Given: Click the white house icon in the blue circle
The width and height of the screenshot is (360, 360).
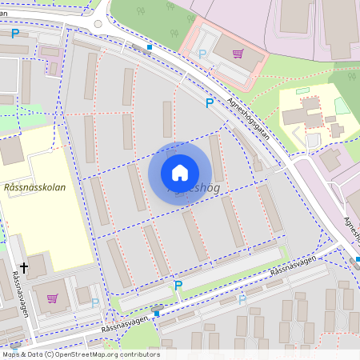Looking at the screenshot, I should [x=180, y=173].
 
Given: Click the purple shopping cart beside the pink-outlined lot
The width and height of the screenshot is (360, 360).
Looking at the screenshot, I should [x=238, y=54].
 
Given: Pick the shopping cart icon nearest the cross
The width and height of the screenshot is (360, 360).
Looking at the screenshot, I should [x=53, y=298].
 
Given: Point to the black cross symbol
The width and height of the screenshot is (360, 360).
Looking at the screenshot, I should [x=24, y=268].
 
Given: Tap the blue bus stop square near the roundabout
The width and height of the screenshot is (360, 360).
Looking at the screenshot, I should [x=149, y=47].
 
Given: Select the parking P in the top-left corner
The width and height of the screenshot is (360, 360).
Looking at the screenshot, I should [x=15, y=34].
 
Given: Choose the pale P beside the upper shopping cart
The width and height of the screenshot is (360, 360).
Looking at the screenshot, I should [x=202, y=54].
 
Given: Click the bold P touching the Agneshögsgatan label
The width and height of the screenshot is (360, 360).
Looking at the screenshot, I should [x=210, y=103].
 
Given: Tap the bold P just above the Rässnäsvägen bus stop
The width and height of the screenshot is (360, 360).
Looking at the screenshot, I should [x=178, y=286].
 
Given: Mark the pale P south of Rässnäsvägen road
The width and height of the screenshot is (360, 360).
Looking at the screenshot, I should [x=242, y=298].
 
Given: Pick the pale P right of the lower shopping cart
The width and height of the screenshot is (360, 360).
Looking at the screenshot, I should [x=95, y=302].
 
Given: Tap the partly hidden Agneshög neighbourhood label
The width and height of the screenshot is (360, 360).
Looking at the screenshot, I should [x=196, y=191].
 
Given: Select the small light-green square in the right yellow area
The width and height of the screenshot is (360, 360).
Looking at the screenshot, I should [x=342, y=106].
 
